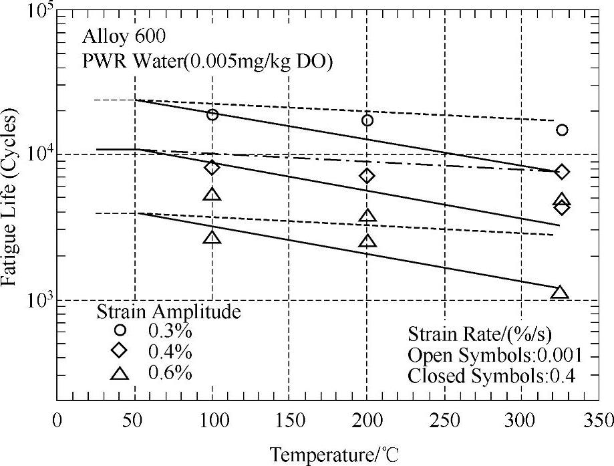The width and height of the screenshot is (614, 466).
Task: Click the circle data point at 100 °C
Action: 212,114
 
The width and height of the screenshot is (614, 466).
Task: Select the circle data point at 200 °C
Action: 367,120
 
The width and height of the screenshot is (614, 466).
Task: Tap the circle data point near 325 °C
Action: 562,130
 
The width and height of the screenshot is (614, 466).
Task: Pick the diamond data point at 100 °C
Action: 212,167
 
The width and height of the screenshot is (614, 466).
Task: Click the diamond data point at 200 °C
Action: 367,176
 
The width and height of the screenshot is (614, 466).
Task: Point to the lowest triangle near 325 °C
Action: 560,292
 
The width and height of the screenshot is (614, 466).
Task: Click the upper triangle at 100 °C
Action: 212,195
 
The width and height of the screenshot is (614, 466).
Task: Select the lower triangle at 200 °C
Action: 367,241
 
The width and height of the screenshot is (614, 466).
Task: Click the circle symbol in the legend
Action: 120,330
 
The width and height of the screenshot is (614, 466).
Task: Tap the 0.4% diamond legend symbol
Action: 120,350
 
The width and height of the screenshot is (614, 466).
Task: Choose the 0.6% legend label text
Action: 170,372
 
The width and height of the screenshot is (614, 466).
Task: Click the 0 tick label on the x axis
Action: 57,421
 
